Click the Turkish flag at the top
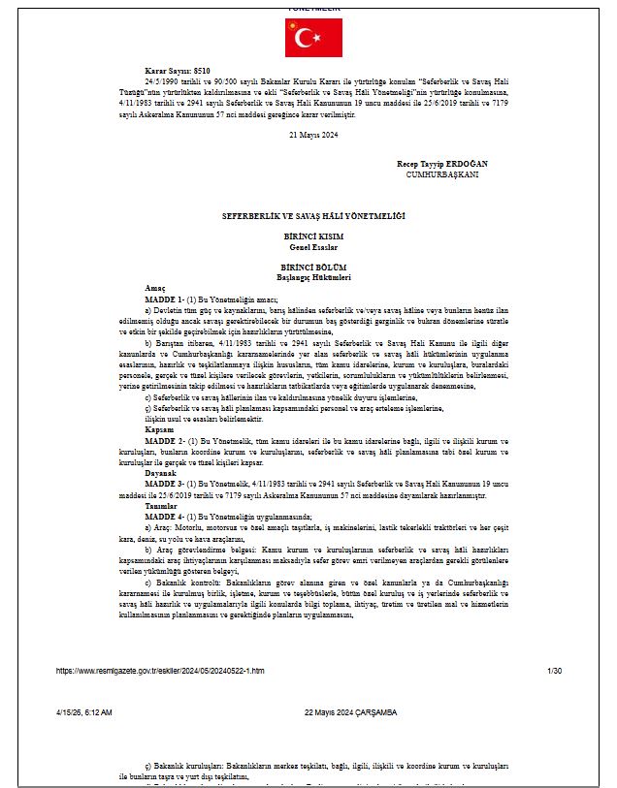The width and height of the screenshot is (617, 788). point(307,37)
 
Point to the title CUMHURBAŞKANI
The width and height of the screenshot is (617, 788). point(442,173)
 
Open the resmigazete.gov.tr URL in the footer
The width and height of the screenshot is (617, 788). point(160,670)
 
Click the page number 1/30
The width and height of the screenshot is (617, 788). point(554,670)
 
